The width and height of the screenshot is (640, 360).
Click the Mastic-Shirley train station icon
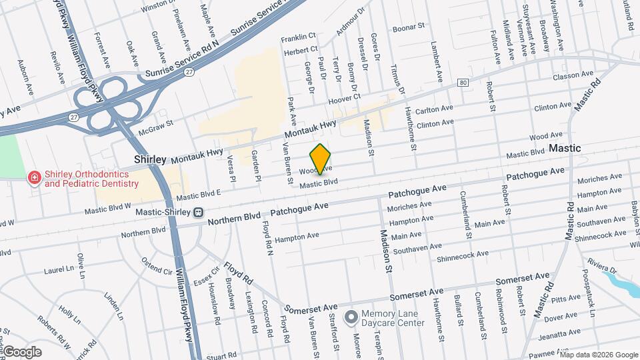click(x=198, y=213)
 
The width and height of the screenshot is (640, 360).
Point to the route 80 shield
click(x=463, y=83)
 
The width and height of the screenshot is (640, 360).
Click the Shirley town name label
click(x=150, y=159)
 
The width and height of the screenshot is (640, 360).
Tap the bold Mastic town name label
click(x=565, y=148)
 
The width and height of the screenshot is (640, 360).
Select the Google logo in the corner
click(x=22, y=352)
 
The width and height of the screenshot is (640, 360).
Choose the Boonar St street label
click(x=408, y=27)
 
